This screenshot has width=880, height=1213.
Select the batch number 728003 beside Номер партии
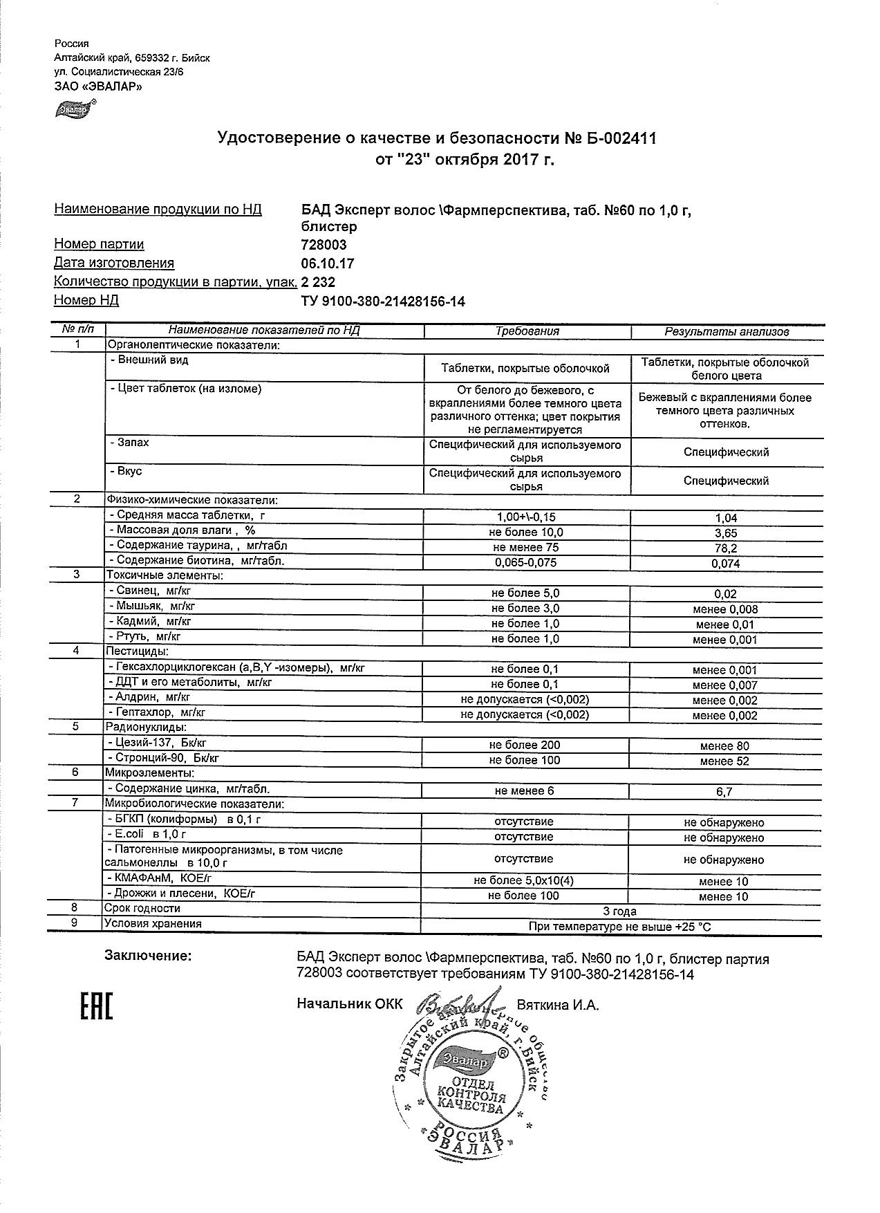tap(324, 244)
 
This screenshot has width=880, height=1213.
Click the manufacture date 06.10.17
tap(328, 263)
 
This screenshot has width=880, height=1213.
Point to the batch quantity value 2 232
tap(318, 281)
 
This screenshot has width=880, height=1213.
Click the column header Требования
tap(527, 331)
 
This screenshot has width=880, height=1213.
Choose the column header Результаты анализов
tap(727, 331)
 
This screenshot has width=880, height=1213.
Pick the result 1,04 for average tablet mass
tap(726, 518)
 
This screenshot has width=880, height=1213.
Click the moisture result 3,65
tap(726, 533)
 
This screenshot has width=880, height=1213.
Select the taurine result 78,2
tap(726, 548)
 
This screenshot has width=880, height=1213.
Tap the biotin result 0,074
tap(726, 564)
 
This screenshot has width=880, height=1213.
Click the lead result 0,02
tap(726, 594)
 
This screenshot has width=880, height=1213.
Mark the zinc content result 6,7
tap(724, 792)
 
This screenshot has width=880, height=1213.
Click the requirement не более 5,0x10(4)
tap(524, 881)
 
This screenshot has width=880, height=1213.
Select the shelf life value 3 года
tap(620, 911)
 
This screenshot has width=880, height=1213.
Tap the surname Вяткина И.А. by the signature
tap(557, 1005)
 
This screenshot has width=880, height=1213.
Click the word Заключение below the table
tap(148, 956)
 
